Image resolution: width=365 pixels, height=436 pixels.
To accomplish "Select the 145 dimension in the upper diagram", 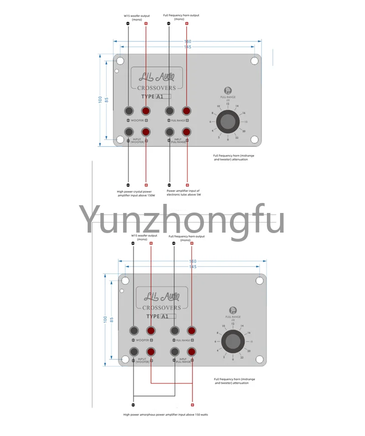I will pos(188,47).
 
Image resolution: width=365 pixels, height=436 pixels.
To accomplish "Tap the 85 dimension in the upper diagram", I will pos(107,99).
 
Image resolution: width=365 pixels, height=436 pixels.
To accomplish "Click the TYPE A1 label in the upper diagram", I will pos(156,97).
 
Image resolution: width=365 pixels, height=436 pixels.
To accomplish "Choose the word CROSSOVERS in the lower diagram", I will pos(162,308).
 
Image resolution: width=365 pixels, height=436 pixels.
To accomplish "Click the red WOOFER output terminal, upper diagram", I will pos(146,111).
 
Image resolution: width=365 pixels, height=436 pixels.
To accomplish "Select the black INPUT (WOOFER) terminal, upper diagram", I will pos(128,131).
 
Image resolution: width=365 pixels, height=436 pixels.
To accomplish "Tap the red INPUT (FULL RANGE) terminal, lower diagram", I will pos(192,351).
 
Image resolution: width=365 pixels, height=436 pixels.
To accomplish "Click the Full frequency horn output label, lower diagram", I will pos(187,238).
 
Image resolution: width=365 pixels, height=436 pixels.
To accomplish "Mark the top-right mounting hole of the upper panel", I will pos(255,60).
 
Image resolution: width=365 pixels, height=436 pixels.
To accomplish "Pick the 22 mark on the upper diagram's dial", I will pos(237,137).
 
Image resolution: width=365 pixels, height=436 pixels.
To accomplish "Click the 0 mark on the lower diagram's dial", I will pos(233,359).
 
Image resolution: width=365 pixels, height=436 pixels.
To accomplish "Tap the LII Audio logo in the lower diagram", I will pos(162,295).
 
